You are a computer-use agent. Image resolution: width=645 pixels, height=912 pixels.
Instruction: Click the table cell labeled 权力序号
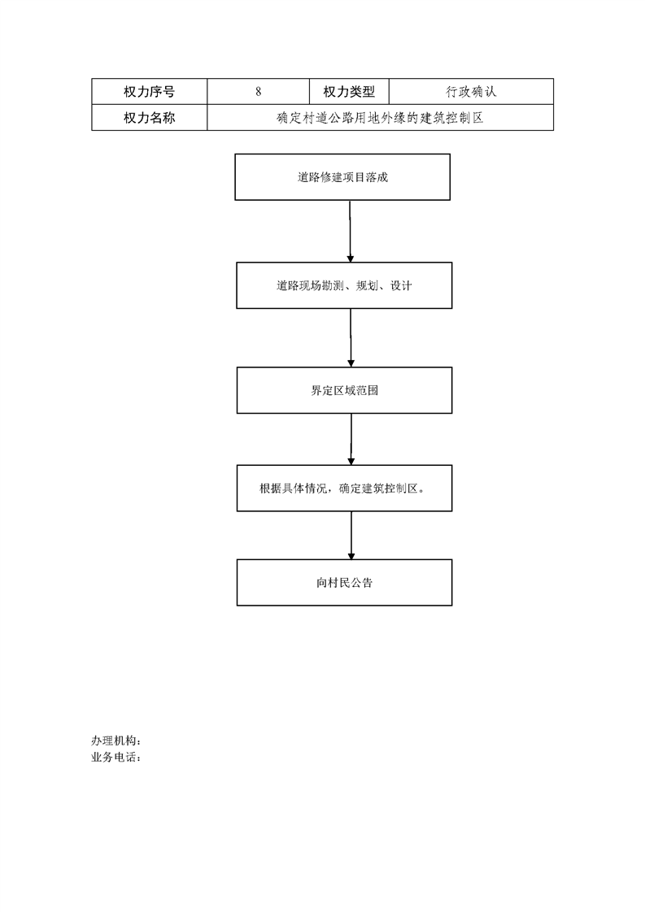(149, 91)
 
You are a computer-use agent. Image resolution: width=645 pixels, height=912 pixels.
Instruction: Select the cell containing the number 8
(259, 91)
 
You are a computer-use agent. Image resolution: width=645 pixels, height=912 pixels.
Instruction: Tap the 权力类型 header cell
(349, 91)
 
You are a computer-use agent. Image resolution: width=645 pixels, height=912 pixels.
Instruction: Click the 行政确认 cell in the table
(471, 91)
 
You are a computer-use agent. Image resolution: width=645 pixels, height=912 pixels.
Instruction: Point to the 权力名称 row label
(149, 118)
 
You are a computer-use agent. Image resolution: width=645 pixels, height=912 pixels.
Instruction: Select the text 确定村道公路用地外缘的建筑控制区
(380, 118)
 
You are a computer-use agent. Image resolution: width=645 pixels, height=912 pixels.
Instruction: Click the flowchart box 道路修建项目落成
(342, 177)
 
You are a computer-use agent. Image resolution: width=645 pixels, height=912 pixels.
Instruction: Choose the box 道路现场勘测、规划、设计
(344, 285)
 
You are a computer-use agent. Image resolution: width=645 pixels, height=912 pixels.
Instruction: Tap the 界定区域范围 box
(344, 390)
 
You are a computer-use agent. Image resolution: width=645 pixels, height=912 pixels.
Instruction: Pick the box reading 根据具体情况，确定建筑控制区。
(344, 488)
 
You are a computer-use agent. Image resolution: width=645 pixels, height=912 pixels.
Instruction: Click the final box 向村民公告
(344, 582)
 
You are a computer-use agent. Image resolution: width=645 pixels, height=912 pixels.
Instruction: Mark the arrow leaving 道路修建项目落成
(350, 232)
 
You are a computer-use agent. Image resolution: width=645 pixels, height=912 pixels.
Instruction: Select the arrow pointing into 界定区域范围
(351, 338)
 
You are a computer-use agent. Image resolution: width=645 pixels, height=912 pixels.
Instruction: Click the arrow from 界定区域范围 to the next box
(351, 440)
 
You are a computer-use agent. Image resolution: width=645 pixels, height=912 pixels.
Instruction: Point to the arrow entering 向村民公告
(351, 536)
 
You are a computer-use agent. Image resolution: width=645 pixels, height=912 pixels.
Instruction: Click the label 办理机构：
(115, 740)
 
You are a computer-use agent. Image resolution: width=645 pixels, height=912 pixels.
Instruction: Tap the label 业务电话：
(115, 758)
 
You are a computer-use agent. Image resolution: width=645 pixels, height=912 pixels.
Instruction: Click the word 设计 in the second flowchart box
(400, 285)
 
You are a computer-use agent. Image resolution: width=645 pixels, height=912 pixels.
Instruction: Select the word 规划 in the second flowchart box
(367, 285)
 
